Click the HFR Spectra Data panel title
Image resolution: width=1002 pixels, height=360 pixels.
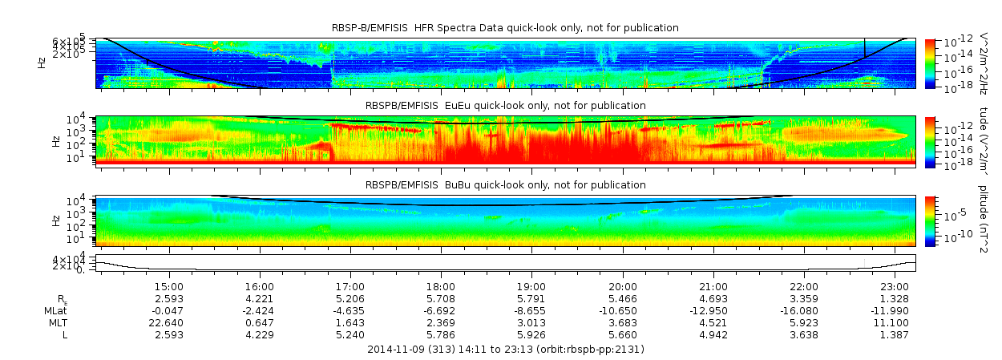pos(505,28)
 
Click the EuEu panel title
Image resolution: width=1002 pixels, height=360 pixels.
pos(505,106)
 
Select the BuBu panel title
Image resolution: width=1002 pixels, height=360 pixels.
pos(505,185)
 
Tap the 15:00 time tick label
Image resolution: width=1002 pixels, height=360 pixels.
pos(169,286)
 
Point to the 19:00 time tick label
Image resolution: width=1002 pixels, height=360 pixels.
pos(532,286)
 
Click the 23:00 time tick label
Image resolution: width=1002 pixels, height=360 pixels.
pos(895,286)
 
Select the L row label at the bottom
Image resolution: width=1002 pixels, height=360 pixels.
pos(65,334)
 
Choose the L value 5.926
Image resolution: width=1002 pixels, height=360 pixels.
pos(532,334)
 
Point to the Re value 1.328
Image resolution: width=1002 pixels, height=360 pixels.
pos(895,298)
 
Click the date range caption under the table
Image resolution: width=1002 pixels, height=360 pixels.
pos(505,350)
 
